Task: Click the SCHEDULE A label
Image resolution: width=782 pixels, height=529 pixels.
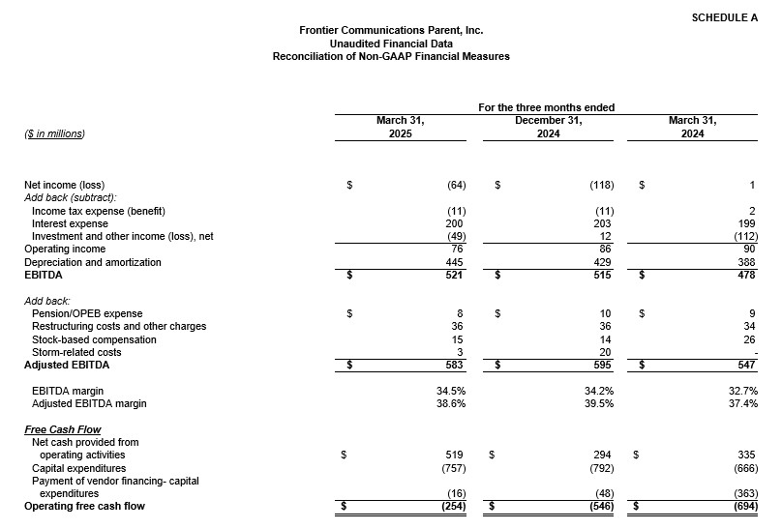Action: click(x=726, y=17)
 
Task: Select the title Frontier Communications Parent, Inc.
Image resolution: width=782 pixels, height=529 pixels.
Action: click(x=391, y=31)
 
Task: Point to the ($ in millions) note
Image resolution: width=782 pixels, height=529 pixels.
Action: click(x=54, y=133)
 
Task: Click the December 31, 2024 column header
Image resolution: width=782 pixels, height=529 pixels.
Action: click(x=547, y=127)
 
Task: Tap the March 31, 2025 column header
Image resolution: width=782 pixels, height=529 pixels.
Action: click(x=400, y=127)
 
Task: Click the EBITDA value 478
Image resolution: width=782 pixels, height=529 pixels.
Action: click(x=747, y=276)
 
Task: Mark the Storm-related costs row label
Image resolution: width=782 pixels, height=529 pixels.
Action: click(x=75, y=353)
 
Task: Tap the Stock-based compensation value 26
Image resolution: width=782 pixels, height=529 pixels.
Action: click(x=750, y=339)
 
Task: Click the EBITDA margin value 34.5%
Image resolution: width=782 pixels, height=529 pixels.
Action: click(x=451, y=390)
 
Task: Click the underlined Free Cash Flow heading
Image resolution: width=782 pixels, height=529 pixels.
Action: click(x=63, y=429)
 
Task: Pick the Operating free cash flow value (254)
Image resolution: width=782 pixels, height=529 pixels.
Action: click(x=451, y=506)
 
